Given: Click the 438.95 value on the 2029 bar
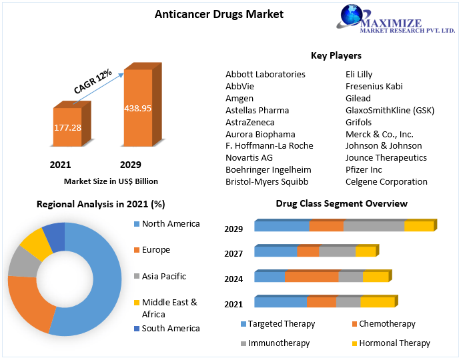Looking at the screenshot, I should pos(137,107).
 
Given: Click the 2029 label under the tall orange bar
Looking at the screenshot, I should pos(130,165).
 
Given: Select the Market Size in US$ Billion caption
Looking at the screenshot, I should pos(111,181).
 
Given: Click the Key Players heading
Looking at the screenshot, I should pos(336,55).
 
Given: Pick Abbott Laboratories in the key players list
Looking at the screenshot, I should pos(265,74).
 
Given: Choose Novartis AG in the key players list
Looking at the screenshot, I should pos(249,157).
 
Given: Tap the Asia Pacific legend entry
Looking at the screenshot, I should pos(163,276).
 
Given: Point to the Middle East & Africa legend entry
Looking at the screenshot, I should pos(169,307).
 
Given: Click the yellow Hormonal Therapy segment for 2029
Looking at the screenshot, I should pos(418,227).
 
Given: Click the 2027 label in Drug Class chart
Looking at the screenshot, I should pos(234,253).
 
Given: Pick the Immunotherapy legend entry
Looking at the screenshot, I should pos(278,343).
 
